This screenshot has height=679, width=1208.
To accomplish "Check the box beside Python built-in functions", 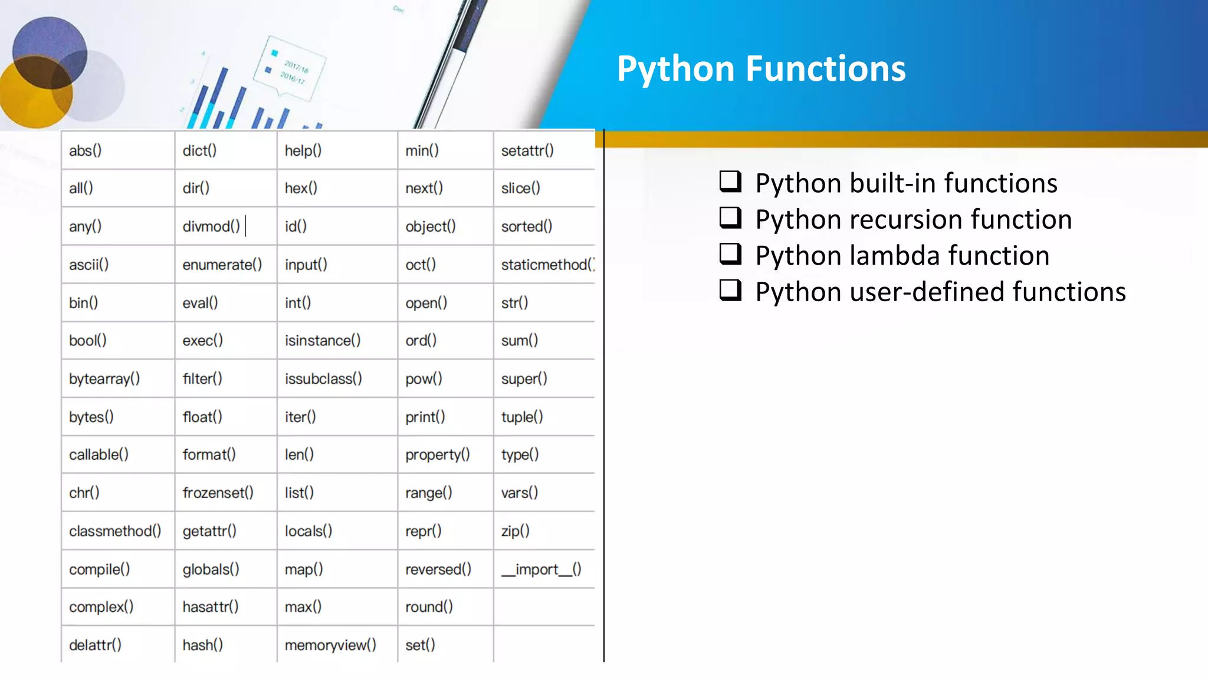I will tap(730, 182).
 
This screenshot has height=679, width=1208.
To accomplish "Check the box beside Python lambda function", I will tap(730, 254).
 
